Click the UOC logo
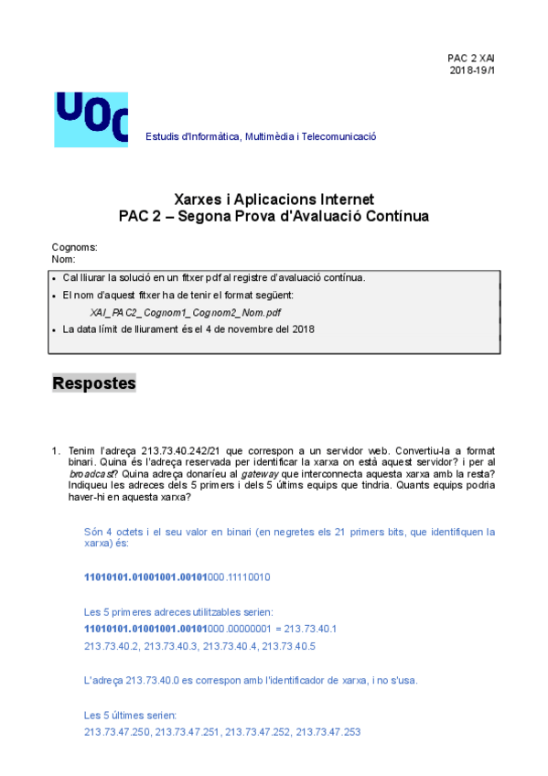91,119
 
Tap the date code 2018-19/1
472,70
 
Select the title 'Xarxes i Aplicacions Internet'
274,199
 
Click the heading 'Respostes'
94,383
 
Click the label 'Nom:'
64,260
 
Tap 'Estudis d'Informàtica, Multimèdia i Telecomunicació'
261,137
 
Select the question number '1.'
56,451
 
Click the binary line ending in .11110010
177,578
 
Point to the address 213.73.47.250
116,732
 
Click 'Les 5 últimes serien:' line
130,715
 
